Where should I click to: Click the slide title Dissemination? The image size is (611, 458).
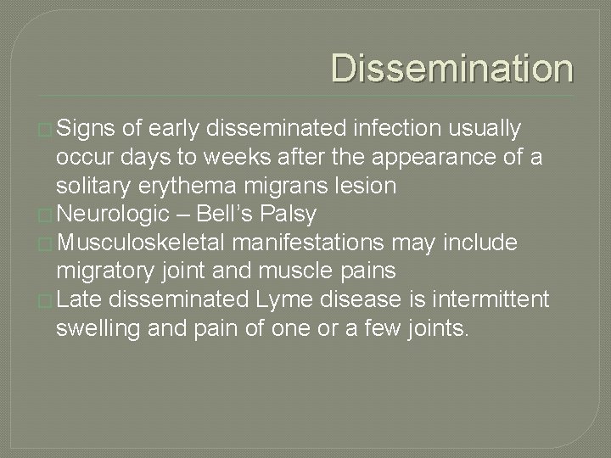pos(451,69)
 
